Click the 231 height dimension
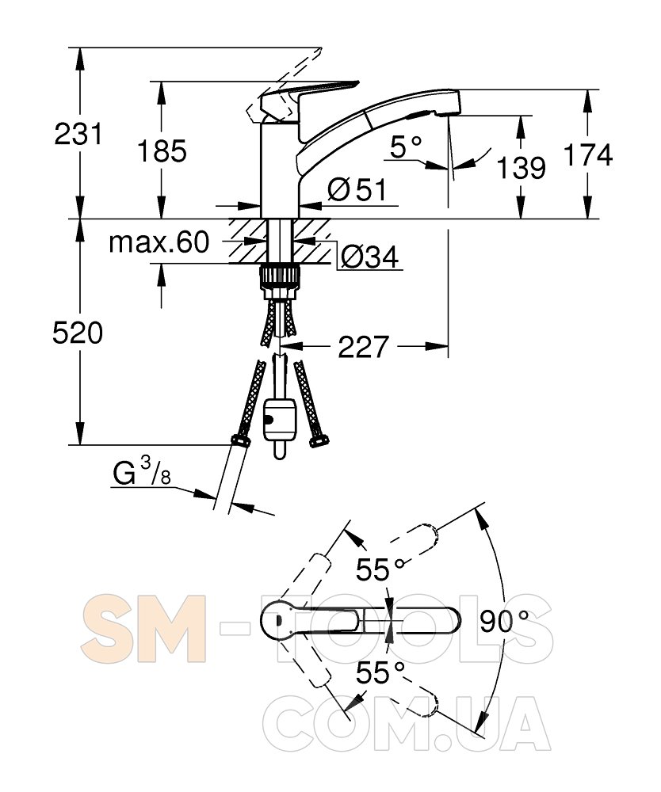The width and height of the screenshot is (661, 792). pyautogui.click(x=78, y=134)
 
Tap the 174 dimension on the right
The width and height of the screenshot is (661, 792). pyautogui.click(x=588, y=155)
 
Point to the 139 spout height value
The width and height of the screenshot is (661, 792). pyautogui.click(x=522, y=167)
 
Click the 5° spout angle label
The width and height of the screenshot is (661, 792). pyautogui.click(x=407, y=146)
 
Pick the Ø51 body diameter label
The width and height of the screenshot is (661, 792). pyautogui.click(x=357, y=189)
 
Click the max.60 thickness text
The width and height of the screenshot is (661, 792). pyautogui.click(x=159, y=242)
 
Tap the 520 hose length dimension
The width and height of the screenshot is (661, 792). pyautogui.click(x=78, y=333)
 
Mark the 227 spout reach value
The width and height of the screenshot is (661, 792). pyautogui.click(x=364, y=346)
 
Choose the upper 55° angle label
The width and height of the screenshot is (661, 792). pyautogui.click(x=380, y=569)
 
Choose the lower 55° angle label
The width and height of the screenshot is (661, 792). pyautogui.click(x=380, y=673)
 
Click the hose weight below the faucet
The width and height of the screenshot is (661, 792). pyautogui.click(x=279, y=417)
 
